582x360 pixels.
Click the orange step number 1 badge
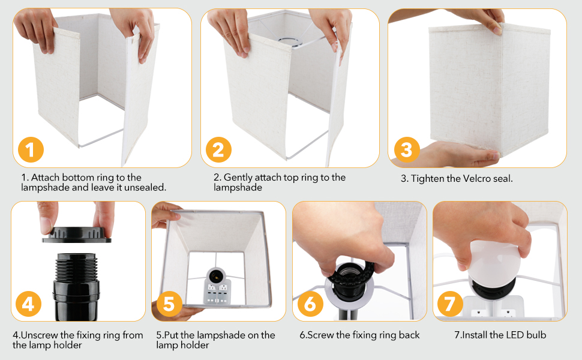[x=31, y=149]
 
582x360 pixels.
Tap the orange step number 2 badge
[x=218, y=149]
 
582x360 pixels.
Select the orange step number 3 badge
[x=407, y=150]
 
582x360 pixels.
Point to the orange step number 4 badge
[x=28, y=304]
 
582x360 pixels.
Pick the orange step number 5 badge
[x=169, y=304]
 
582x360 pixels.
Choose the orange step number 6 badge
[x=310, y=304]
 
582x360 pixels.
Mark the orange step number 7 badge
[x=450, y=304]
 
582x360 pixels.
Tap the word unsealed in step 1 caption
[x=145, y=187]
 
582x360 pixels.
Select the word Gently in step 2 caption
[x=238, y=178]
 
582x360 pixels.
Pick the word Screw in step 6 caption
[x=320, y=335]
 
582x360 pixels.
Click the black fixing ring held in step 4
[x=77, y=235]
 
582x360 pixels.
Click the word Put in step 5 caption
[x=170, y=335]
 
